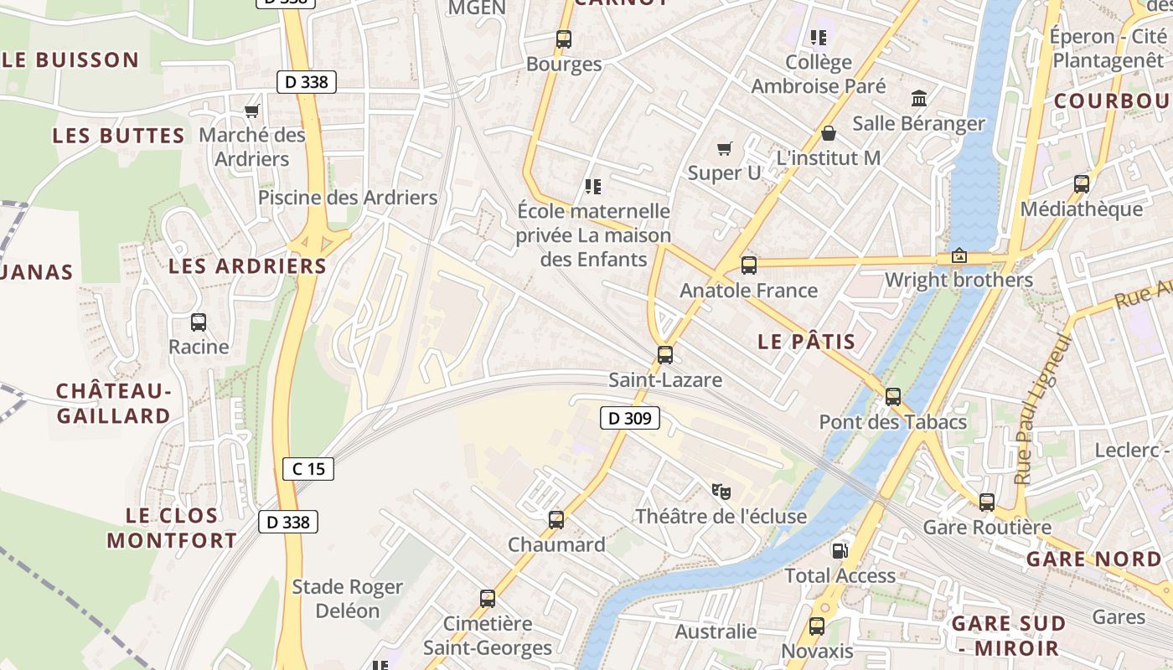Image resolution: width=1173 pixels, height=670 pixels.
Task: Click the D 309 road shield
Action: pyautogui.click(x=630, y=417)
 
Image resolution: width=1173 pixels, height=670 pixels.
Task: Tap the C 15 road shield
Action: pyautogui.click(x=308, y=468)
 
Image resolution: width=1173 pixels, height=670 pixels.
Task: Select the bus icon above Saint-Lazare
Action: pyautogui.click(x=664, y=354)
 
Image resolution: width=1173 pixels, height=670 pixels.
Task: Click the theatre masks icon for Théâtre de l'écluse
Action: pyautogui.click(x=721, y=491)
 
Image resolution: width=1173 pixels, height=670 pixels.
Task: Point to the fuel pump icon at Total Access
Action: pyautogui.click(x=840, y=550)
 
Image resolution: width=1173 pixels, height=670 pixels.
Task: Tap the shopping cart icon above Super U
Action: pyautogui.click(x=724, y=148)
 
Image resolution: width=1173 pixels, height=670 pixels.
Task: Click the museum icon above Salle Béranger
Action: pyautogui.click(x=918, y=98)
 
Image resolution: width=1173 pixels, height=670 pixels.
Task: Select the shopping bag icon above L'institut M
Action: pyautogui.click(x=828, y=133)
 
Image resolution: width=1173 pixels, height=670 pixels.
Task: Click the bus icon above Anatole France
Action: pyautogui.click(x=748, y=265)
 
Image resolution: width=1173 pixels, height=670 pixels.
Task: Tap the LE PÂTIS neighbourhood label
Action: pyautogui.click(x=806, y=341)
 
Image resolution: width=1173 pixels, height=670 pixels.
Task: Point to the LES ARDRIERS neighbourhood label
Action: pyautogui.click(x=247, y=266)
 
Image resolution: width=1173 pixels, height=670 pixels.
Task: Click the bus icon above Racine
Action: pyautogui.click(x=199, y=322)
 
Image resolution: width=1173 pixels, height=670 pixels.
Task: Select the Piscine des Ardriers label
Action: pyautogui.click(x=348, y=198)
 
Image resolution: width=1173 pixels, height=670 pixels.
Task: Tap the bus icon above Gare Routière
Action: pyautogui.click(x=986, y=502)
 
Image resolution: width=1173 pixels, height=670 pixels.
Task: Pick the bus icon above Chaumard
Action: pyautogui.click(x=555, y=519)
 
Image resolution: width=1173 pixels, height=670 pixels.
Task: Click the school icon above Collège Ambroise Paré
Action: pyautogui.click(x=818, y=37)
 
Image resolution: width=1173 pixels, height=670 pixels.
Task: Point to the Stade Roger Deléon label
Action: pyautogui.click(x=347, y=598)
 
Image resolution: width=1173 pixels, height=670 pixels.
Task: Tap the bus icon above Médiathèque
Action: pyautogui.click(x=1081, y=183)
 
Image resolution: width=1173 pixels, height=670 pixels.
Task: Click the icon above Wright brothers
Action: pyautogui.click(x=959, y=255)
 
